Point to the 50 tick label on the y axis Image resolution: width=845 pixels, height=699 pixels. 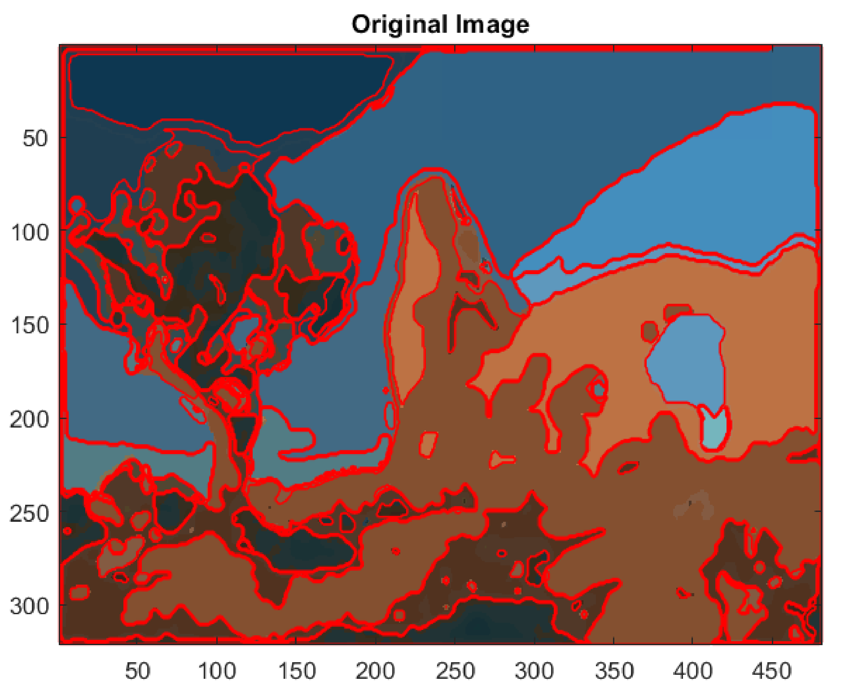coord(35,139)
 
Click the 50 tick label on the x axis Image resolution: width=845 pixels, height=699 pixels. coord(137,671)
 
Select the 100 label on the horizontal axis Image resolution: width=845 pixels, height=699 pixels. coord(217,671)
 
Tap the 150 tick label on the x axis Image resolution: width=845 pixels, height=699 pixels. coord(296,671)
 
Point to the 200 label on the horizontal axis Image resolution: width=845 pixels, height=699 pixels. coord(375,671)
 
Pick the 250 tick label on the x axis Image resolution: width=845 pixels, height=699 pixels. coord(455,671)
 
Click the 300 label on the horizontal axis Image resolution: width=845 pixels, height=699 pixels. coord(534,671)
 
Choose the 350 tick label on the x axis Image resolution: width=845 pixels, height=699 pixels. coord(614,671)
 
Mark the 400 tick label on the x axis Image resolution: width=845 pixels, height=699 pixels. coord(693,671)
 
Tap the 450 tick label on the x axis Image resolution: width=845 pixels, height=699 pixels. coord(772,671)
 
